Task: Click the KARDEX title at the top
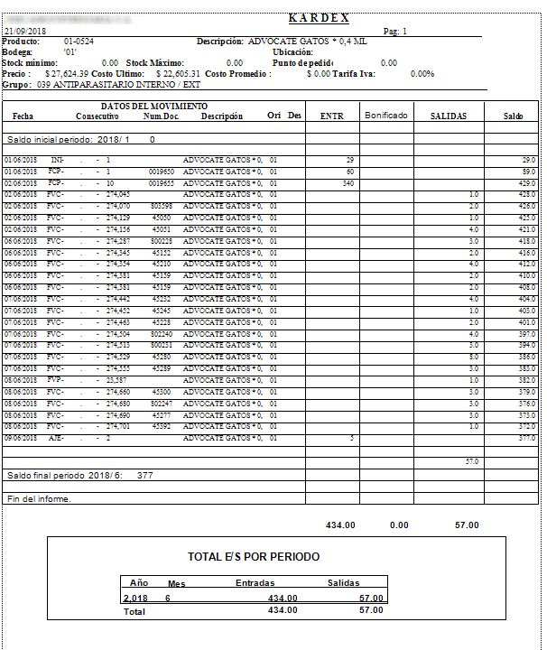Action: click(319, 18)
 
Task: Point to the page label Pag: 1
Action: click(395, 31)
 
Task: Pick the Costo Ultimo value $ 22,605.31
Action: click(180, 73)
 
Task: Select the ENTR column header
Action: click(331, 116)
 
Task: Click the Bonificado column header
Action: click(386, 116)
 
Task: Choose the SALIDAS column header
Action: click(449, 116)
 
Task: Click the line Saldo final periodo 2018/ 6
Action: click(79, 474)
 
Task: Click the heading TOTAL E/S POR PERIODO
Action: click(253, 556)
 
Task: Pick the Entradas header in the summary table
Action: click(255, 583)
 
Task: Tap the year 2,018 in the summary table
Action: click(135, 598)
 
